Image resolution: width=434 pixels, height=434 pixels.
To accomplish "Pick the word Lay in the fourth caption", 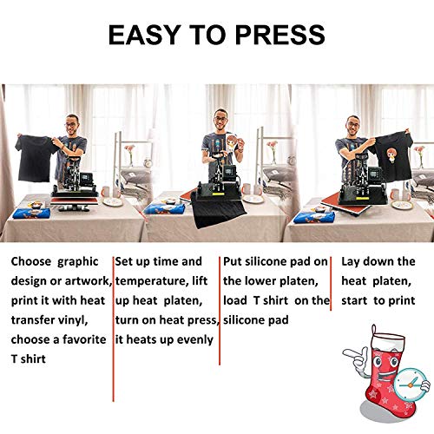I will click(352, 261).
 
